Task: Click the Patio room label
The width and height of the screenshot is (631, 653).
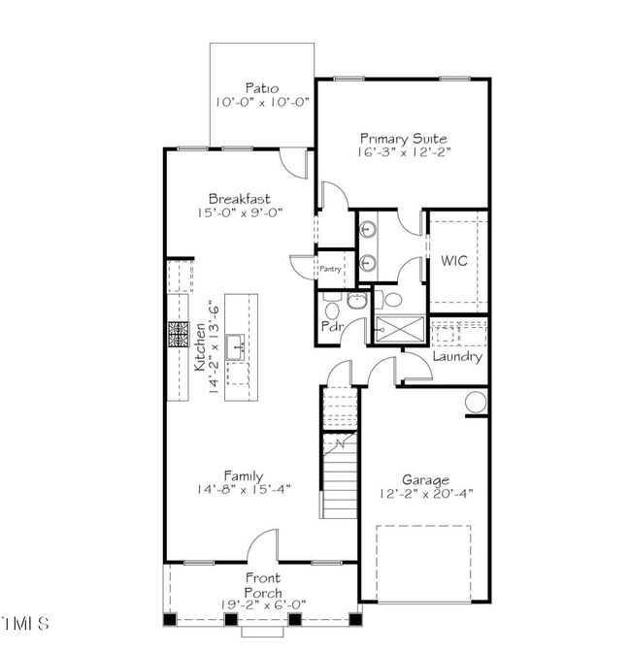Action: coord(262,88)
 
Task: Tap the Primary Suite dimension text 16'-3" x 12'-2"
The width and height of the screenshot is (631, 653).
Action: coord(404,152)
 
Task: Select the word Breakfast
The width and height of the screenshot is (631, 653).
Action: coord(239,199)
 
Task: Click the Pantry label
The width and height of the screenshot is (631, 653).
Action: coord(330,269)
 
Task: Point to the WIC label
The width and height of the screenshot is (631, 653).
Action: coord(454,261)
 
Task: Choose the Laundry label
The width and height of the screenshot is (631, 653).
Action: coord(457,356)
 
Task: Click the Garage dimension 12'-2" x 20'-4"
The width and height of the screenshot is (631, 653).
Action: coord(426,494)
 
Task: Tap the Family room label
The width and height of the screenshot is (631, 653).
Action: coord(244,476)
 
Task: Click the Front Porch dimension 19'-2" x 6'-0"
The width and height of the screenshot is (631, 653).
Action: coord(263,604)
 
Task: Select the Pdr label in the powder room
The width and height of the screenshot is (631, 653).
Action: coord(332,326)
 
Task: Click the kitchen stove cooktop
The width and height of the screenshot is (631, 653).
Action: coord(179,334)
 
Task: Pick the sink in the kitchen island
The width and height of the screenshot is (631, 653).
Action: coord(235,347)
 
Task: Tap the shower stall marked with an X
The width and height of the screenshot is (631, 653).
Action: coord(400,330)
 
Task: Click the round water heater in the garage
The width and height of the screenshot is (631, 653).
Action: coord(476,403)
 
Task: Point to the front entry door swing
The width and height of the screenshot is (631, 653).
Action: coord(262,544)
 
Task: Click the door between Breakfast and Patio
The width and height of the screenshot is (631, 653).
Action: coord(294,164)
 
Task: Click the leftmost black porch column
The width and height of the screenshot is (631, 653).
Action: coord(169,620)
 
